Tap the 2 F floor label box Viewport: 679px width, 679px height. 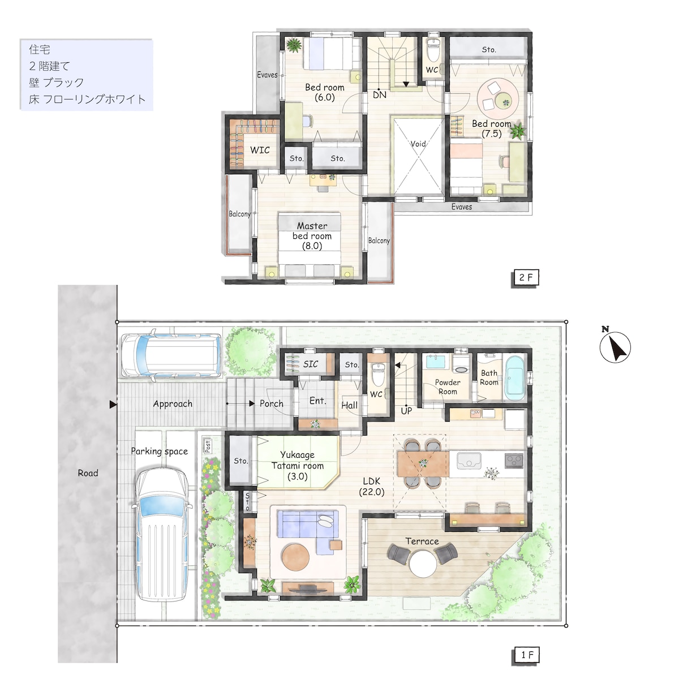pyautogui.click(x=525, y=278)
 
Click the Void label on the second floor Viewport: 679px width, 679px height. pyautogui.click(x=418, y=144)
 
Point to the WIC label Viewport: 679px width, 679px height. pyautogui.click(x=260, y=150)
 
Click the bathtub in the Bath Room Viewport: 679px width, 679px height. pyautogui.click(x=515, y=378)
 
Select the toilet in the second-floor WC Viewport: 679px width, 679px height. pyautogui.click(x=432, y=50)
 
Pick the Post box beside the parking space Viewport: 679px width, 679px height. pyautogui.click(x=208, y=446)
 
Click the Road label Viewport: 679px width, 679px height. pyautogui.click(x=88, y=473)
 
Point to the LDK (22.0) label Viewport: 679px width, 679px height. pyautogui.click(x=372, y=486)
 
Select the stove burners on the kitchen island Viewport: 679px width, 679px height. pyautogui.click(x=514, y=461)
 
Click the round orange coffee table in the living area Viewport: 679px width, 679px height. pyautogui.click(x=295, y=558)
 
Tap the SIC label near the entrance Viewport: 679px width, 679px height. pyautogui.click(x=311, y=364)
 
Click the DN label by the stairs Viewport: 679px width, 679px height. pyautogui.click(x=380, y=95)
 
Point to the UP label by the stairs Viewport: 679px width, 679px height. pyautogui.click(x=406, y=411)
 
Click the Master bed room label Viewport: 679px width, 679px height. pyautogui.click(x=312, y=236)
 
